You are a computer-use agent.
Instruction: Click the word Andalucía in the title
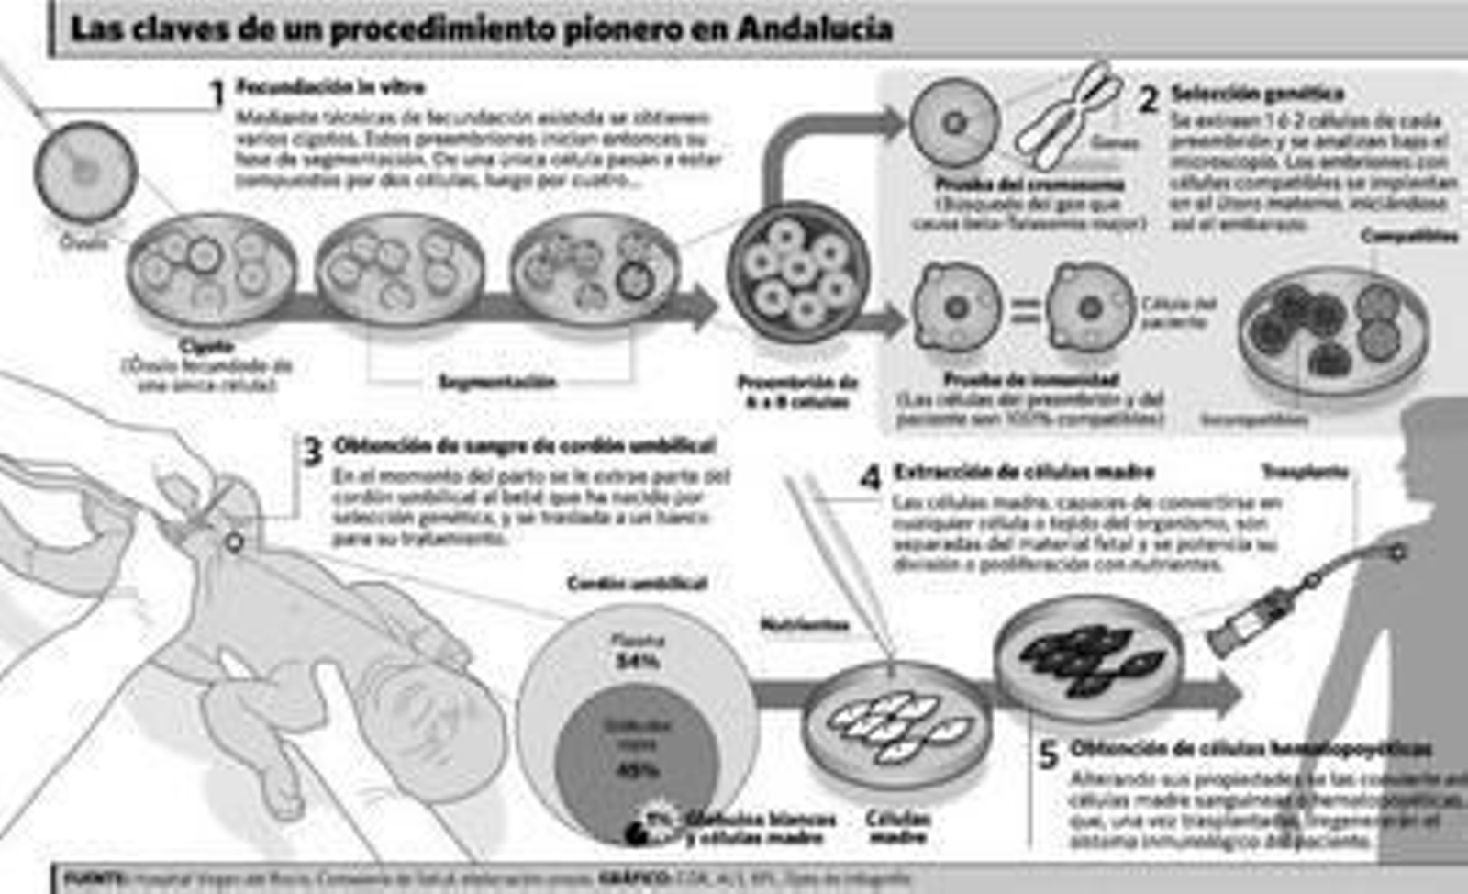tap(815, 28)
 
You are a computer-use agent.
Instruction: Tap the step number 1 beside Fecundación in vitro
tap(217, 94)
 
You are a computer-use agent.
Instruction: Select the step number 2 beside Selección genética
tap(1148, 98)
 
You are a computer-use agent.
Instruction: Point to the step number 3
tap(313, 452)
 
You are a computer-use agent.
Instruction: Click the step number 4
tap(870, 477)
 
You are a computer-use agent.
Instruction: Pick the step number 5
tap(1048, 755)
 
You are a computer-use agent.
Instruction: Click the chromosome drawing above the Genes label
tap(1069, 115)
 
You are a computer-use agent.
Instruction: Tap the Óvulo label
tap(83, 242)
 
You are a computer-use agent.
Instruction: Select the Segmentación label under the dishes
tap(497, 382)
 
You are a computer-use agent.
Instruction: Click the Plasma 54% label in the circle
tap(637, 651)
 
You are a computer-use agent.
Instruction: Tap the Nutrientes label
tap(805, 625)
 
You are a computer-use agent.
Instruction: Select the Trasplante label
tap(1304, 472)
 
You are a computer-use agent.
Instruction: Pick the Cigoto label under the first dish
tap(207, 346)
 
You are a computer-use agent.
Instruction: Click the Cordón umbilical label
tap(637, 584)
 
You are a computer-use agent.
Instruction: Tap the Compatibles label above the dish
tap(1408, 236)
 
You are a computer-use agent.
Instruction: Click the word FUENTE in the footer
tap(95, 878)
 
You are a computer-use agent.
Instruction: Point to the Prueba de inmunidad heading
tap(1030, 379)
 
